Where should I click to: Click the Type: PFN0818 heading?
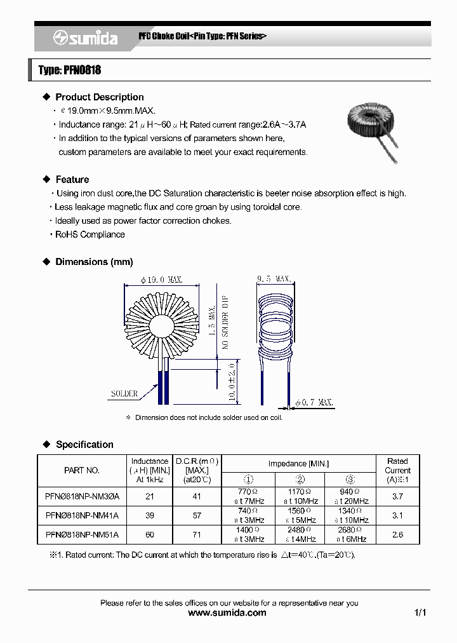pos(70,70)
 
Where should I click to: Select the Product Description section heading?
pos(99,97)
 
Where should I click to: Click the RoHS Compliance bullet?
pos(89,234)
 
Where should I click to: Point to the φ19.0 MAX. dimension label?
pos(163,279)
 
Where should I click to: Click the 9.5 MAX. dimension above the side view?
pos(274,279)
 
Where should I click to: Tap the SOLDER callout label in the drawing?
pos(124,394)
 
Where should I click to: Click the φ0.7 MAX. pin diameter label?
pos(314,403)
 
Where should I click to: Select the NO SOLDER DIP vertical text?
pos(225,323)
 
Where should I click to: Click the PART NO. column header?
pos(82,470)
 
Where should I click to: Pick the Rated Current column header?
pos(397,470)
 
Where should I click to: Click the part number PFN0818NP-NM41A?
pos(82,515)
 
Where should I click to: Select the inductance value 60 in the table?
pos(150,535)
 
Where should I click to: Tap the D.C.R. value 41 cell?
pos(197,496)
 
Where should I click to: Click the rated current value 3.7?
pos(397,496)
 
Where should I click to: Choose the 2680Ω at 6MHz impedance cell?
pos(350,534)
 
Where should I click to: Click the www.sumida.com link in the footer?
pos(228,613)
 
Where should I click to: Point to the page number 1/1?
pos(420,613)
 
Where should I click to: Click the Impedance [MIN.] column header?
pos(298,464)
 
